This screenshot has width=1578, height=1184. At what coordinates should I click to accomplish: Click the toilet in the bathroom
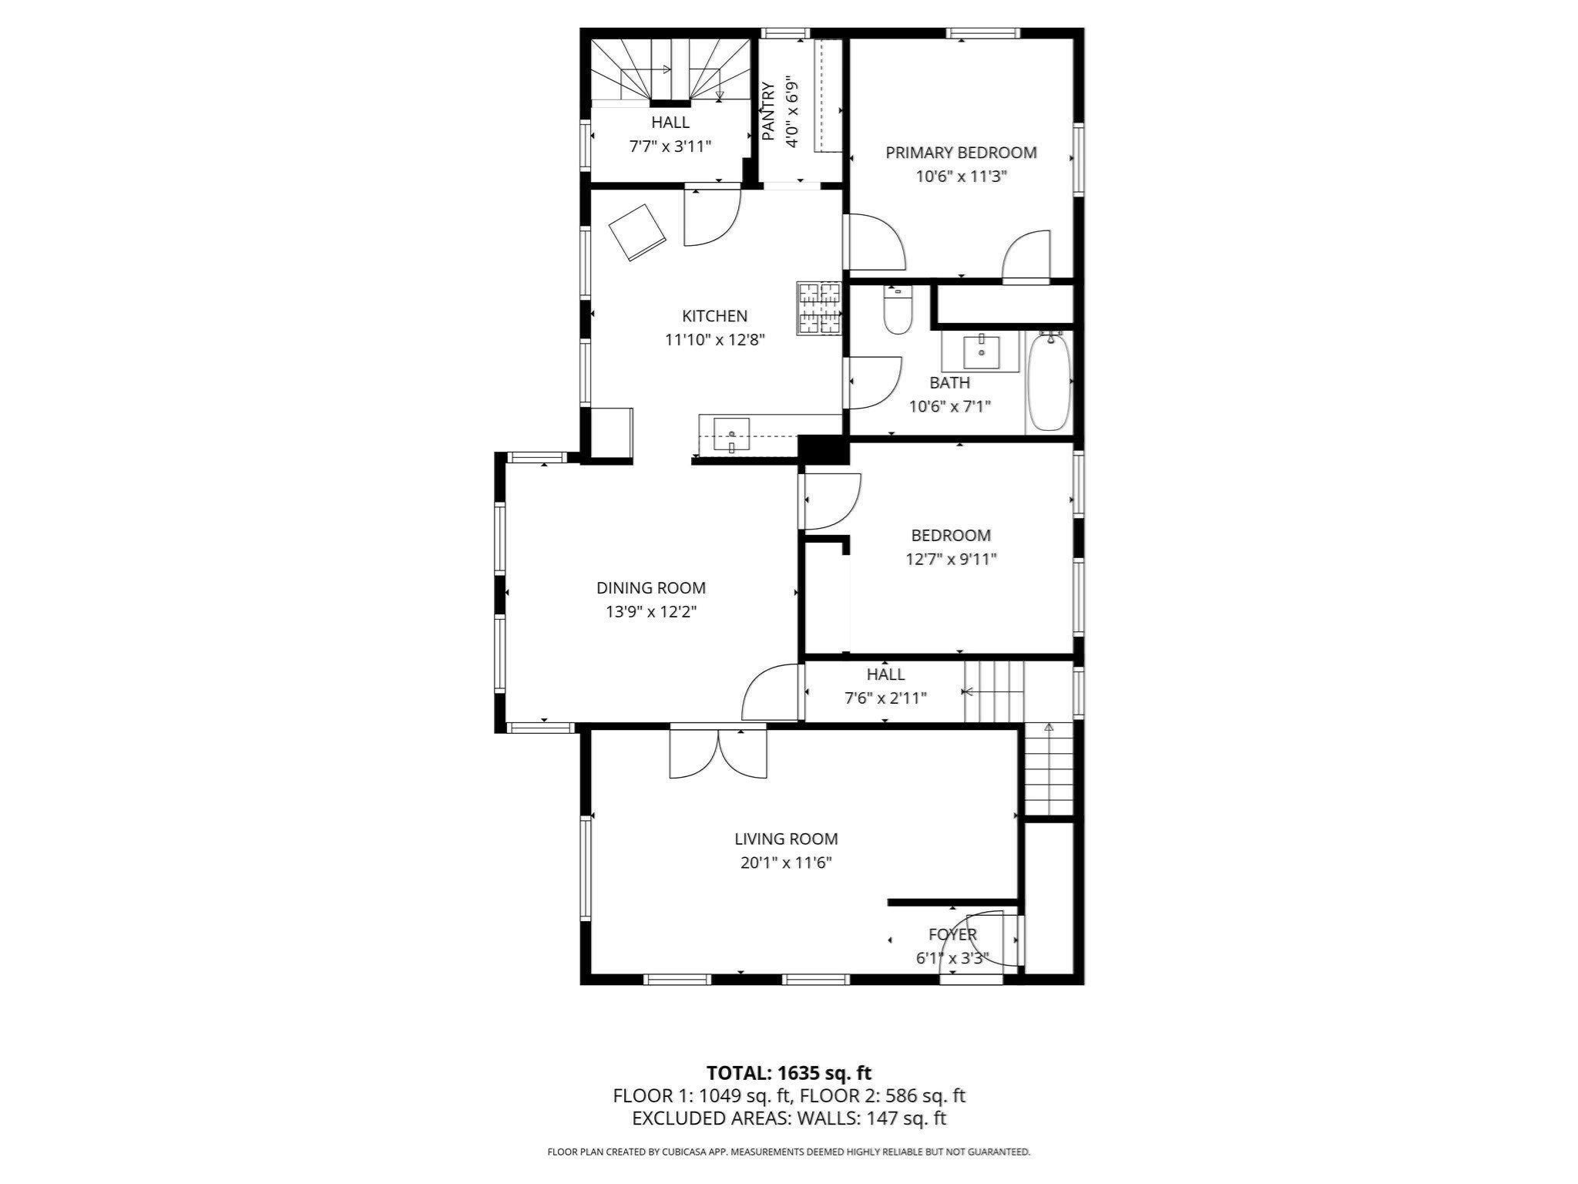[x=897, y=308]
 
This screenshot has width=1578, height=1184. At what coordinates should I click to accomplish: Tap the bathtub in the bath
[x=1048, y=382]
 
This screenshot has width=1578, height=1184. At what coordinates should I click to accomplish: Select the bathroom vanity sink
[x=982, y=353]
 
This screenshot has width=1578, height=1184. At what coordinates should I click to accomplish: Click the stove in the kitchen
[x=819, y=309]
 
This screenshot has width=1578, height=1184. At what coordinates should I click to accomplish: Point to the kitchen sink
[x=731, y=435]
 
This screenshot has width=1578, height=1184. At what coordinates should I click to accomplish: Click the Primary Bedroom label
[x=961, y=153]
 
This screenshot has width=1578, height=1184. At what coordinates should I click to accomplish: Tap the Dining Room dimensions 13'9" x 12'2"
[x=651, y=612]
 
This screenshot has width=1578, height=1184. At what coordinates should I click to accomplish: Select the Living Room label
[x=786, y=839]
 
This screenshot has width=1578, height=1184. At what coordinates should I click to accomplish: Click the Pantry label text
[x=768, y=111]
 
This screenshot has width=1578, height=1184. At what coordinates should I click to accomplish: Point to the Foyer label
[x=952, y=934]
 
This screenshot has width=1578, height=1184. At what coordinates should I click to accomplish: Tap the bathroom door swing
[x=874, y=382]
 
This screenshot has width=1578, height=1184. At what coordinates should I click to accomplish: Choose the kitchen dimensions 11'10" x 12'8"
[x=715, y=339]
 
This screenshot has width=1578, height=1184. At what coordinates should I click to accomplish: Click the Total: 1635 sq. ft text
[x=789, y=1072]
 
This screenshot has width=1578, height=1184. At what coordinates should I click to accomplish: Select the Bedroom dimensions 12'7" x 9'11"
[x=951, y=559]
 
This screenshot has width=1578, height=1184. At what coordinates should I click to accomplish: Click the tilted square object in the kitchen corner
[x=637, y=232]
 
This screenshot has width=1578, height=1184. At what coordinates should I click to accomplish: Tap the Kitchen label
[x=715, y=315]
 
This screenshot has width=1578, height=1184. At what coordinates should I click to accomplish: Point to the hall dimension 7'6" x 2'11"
[x=885, y=698]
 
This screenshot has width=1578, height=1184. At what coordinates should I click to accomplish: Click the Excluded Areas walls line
[x=789, y=1118]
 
